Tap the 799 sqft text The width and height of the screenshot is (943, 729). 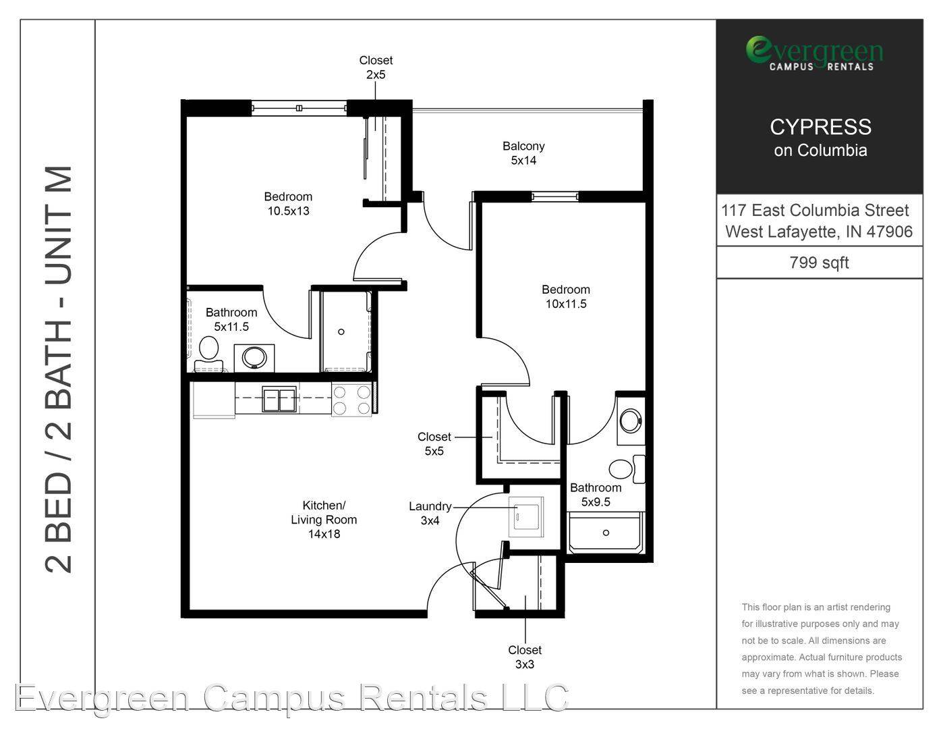(819, 263)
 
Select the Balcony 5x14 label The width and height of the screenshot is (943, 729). (523, 153)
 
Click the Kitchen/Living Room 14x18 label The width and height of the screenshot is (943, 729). (324, 520)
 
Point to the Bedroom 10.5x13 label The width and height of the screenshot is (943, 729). (288, 204)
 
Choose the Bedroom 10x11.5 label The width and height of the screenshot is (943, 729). (566, 296)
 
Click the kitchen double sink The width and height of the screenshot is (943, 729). (279, 399)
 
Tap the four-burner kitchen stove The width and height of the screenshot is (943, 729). (351, 400)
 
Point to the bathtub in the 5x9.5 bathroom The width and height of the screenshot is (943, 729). (606, 533)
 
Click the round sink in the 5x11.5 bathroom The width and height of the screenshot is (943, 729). (254, 358)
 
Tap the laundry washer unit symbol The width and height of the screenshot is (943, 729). (526, 517)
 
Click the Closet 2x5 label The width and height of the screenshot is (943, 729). (376, 67)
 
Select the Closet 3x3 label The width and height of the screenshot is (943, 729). (525, 657)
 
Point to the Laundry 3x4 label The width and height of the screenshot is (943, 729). (430, 513)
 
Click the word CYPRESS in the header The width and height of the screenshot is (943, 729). (820, 127)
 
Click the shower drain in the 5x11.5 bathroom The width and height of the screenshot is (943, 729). (341, 331)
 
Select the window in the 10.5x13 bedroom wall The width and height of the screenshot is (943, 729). (299, 108)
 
